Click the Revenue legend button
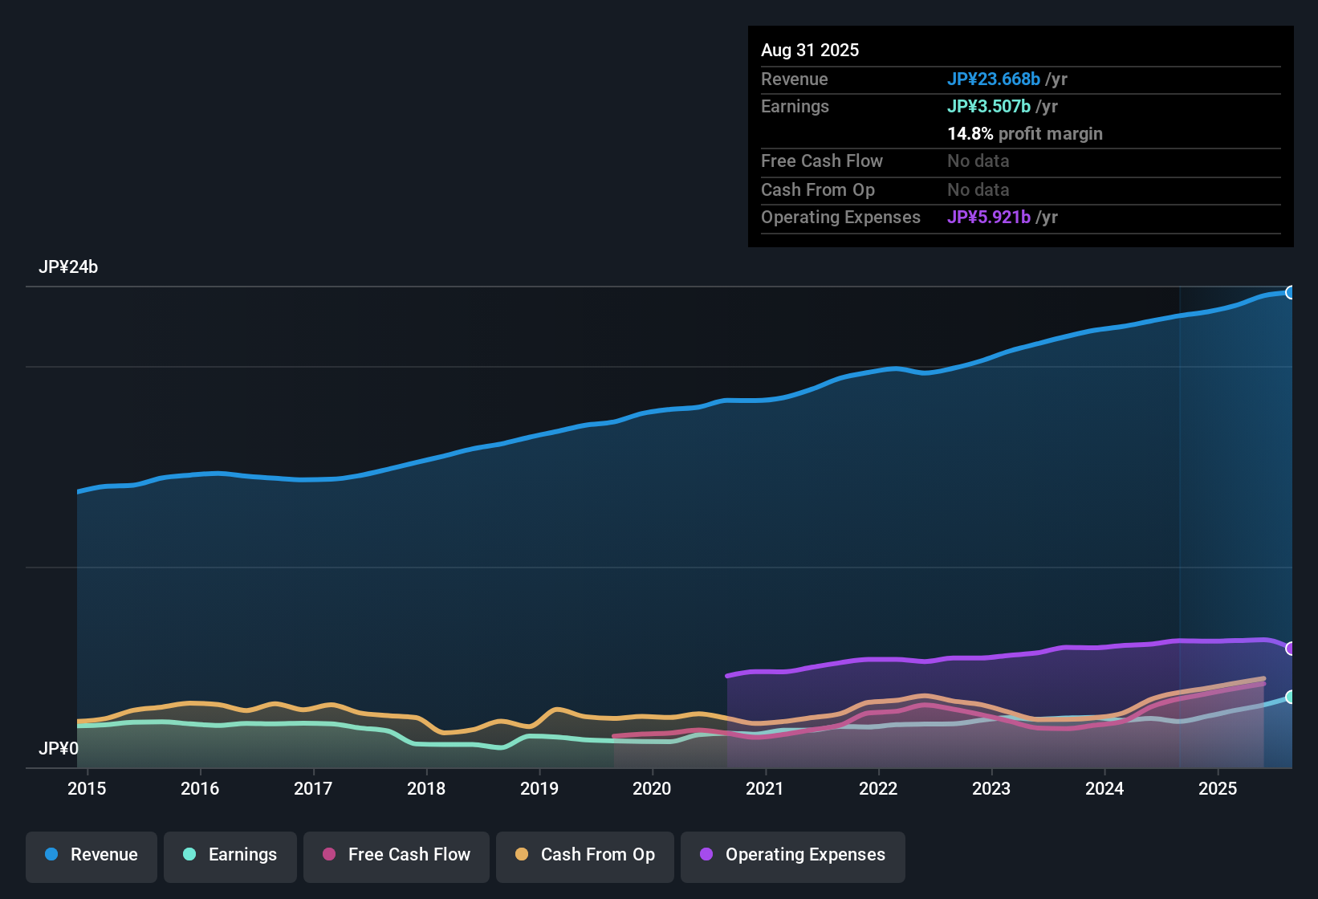pyautogui.click(x=92, y=856)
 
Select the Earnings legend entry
pyautogui.click(x=230, y=856)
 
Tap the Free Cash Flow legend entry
pyautogui.click(x=397, y=856)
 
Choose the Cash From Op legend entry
pyautogui.click(x=585, y=856)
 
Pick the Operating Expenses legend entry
pyautogui.click(x=793, y=856)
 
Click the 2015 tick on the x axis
pyautogui.click(x=87, y=789)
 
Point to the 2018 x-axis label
pyautogui.click(x=426, y=789)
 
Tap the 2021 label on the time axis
pyautogui.click(x=765, y=789)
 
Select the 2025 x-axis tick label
pyautogui.click(x=1218, y=789)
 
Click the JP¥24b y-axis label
pyautogui.click(x=68, y=267)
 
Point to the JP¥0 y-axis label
pyautogui.click(x=59, y=749)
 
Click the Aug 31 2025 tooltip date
pyautogui.click(x=810, y=51)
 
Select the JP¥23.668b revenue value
pyautogui.click(x=994, y=79)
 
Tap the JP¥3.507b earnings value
pyautogui.click(x=989, y=107)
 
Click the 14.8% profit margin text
pyautogui.click(x=1025, y=134)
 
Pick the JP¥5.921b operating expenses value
pyautogui.click(x=989, y=218)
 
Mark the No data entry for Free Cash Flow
pyautogui.click(x=978, y=161)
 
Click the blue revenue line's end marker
pyautogui.click(x=1290, y=293)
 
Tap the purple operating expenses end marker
pyautogui.click(x=1290, y=649)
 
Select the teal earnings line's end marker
pyautogui.click(x=1290, y=698)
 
